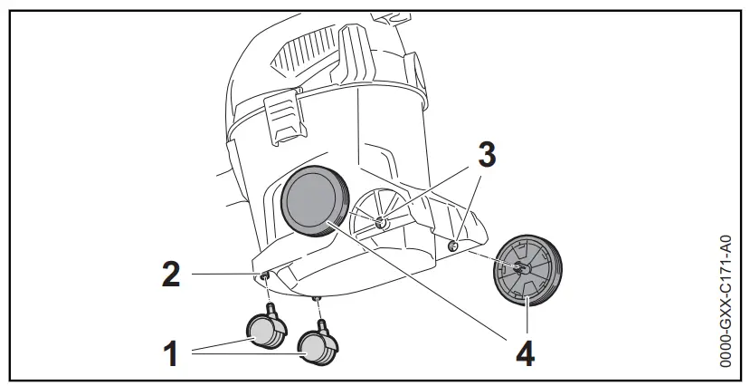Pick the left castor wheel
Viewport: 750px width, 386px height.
tap(265, 331)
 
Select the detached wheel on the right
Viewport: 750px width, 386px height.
tap(527, 269)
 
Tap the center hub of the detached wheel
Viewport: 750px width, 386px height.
tap(521, 267)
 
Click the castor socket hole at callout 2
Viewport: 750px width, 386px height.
tap(263, 275)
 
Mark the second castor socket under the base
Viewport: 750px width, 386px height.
tap(318, 297)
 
